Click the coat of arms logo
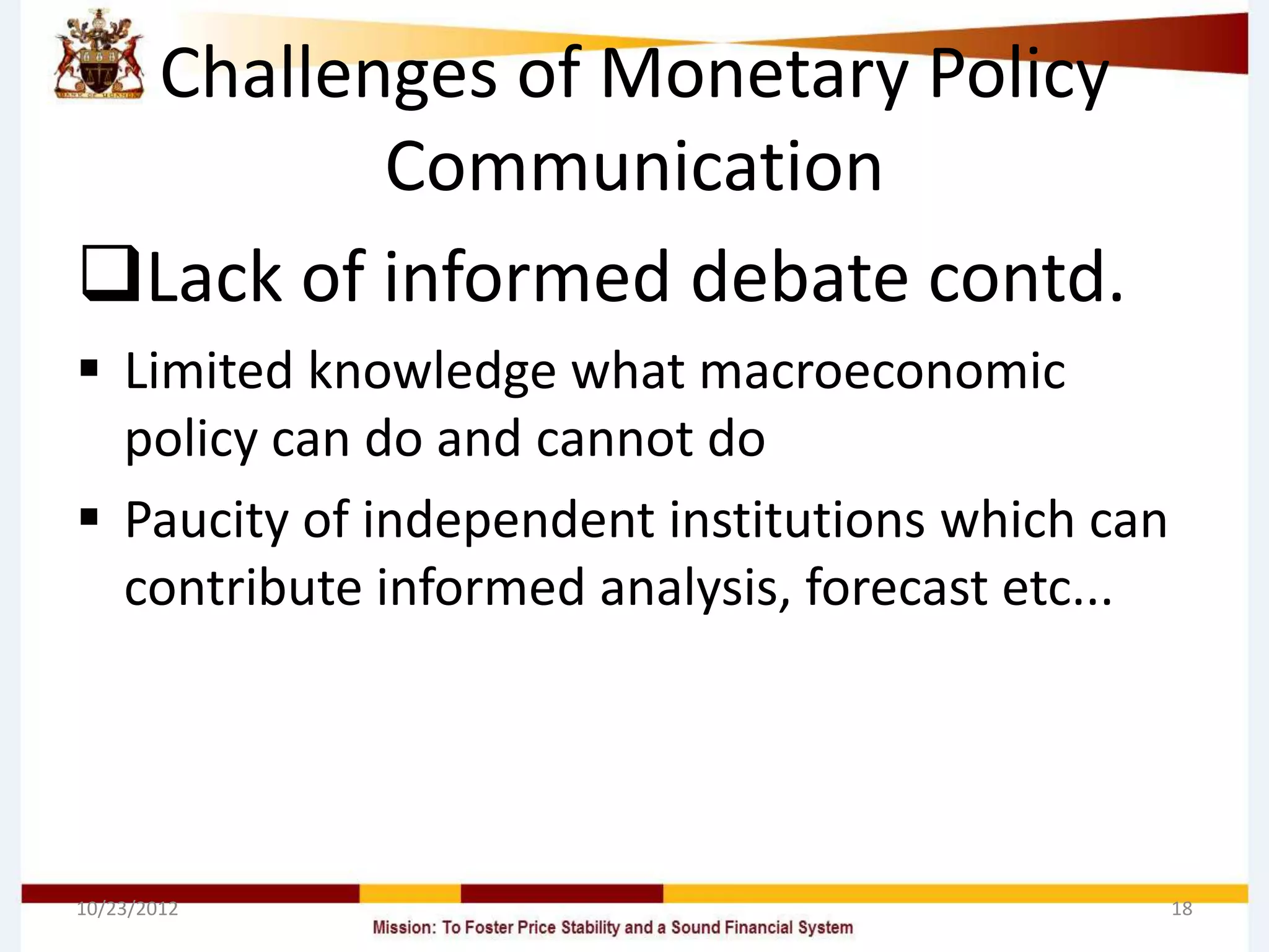coord(99,56)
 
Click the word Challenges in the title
coord(328,74)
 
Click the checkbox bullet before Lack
coord(110,274)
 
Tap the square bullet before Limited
coord(89,369)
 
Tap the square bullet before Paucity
coord(89,516)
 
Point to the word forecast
coord(896,588)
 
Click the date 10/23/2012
coord(127,909)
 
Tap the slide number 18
coord(1182,909)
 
